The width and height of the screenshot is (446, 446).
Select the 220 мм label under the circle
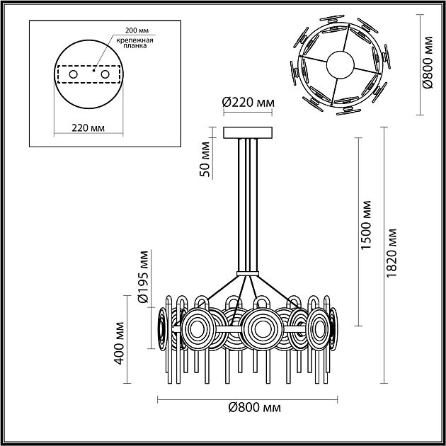click(88, 128)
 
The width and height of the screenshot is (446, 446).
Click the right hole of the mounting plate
click(105, 74)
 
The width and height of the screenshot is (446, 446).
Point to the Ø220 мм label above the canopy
click(248, 103)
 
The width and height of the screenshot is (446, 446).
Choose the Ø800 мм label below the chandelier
click(255, 409)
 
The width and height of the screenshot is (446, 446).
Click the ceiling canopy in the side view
click(247, 133)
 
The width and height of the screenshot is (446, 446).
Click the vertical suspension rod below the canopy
click(247, 205)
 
